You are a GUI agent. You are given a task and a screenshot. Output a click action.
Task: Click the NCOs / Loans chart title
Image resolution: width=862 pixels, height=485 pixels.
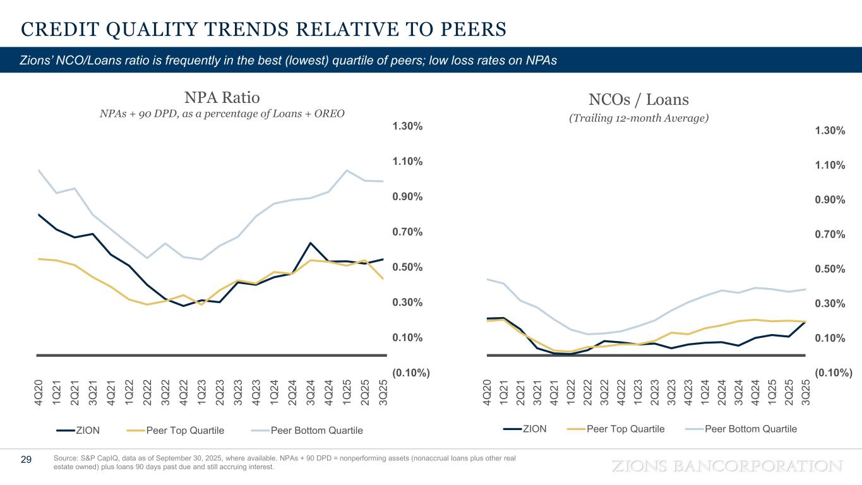coord(638,99)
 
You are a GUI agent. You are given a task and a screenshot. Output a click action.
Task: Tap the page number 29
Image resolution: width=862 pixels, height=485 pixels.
coord(27,460)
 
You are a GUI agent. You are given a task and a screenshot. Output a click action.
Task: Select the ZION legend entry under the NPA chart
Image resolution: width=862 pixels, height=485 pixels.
coord(78,431)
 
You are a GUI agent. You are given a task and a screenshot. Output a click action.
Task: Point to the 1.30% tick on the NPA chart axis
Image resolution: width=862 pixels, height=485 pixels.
coord(407,126)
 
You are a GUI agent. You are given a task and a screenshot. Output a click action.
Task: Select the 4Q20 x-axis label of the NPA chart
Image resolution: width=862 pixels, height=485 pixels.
coord(39,393)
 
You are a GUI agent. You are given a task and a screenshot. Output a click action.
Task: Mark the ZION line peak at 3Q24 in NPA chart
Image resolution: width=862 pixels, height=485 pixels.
coord(310,243)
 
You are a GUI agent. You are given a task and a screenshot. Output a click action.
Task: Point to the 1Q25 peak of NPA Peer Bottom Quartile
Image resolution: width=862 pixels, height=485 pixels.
coord(346,171)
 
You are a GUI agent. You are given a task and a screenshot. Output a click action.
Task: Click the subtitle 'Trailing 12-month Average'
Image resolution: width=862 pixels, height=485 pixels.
coord(638,118)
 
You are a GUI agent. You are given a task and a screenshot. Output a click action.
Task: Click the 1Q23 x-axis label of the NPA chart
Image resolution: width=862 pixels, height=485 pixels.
coord(201,393)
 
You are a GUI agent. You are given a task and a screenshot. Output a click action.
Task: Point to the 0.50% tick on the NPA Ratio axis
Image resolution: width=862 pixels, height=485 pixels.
coord(407,267)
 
